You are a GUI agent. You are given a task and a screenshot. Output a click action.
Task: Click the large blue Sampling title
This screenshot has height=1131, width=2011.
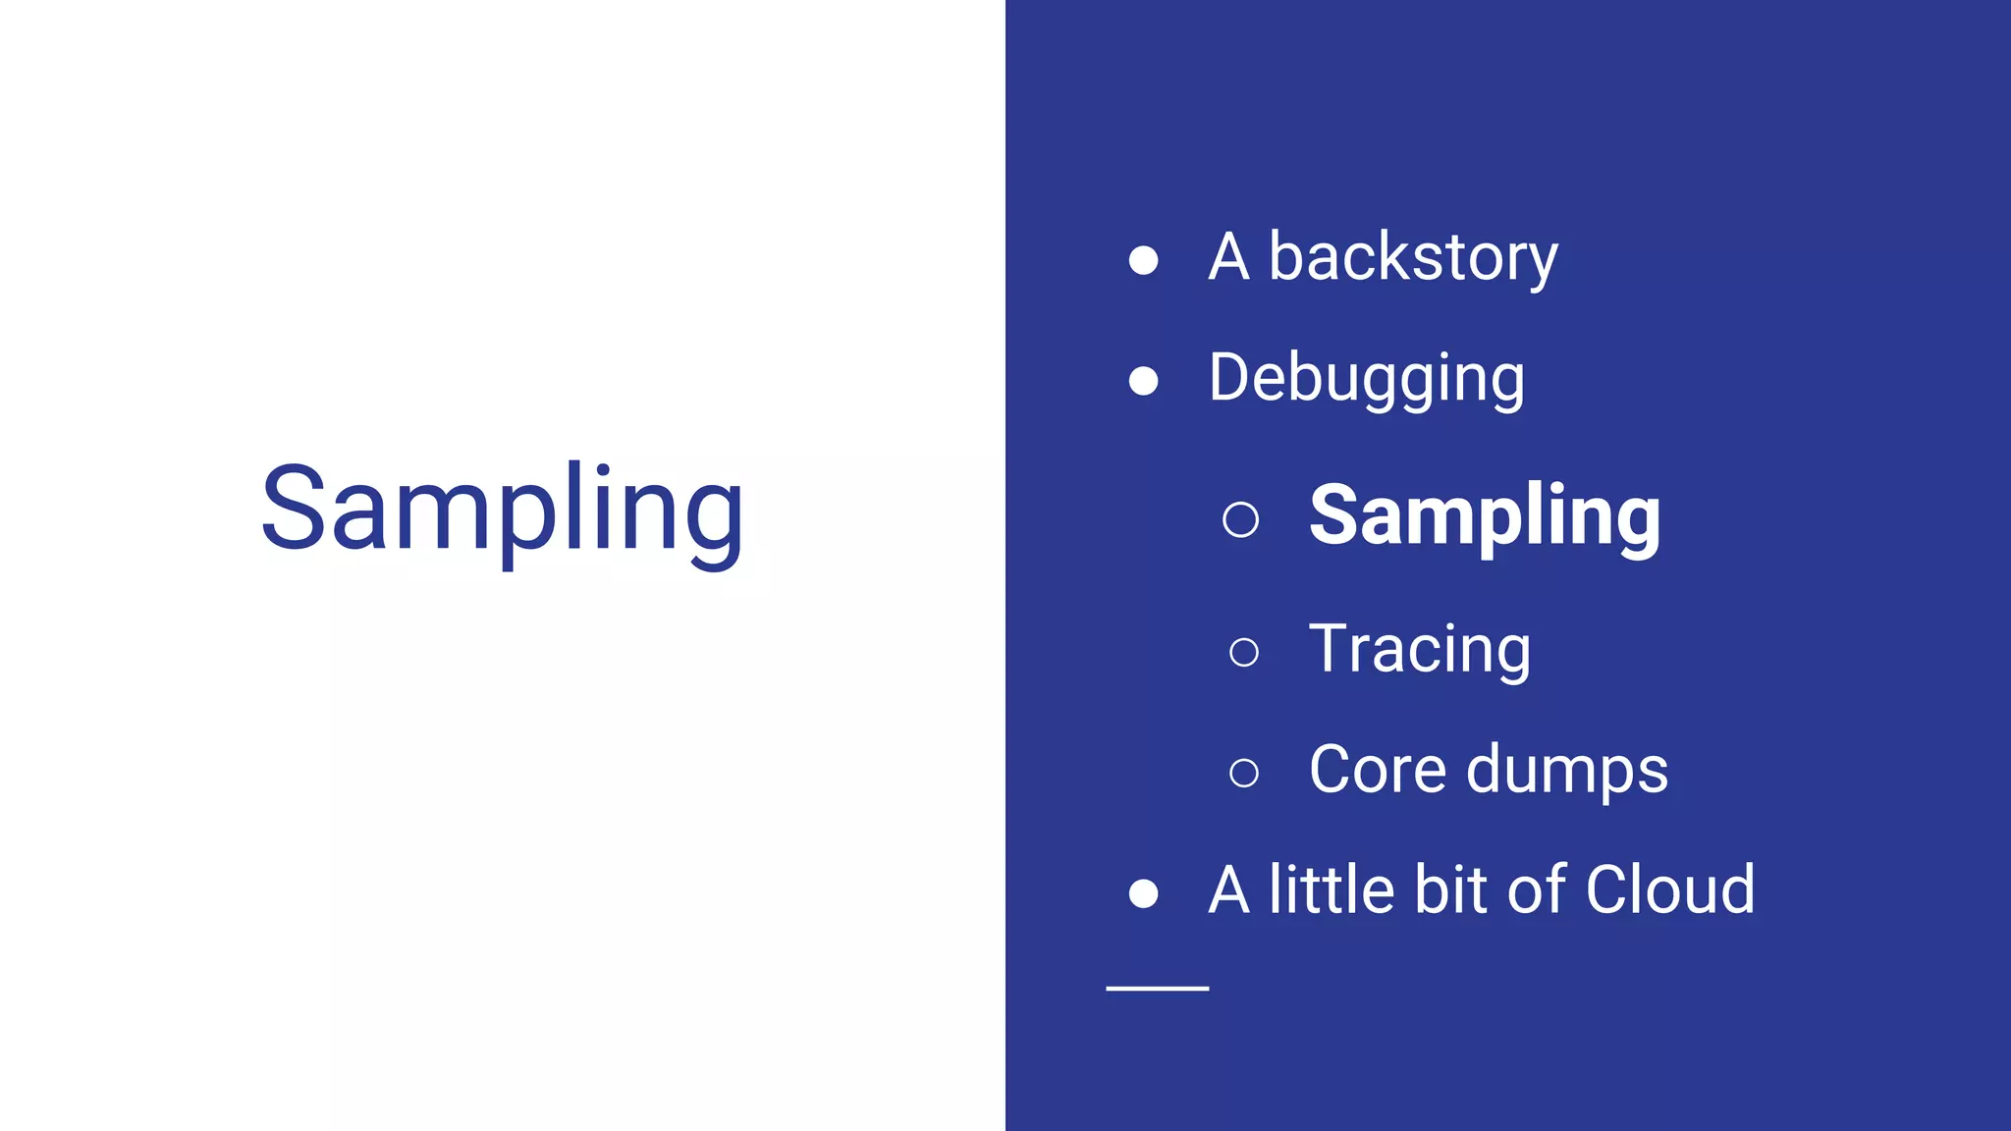(502, 511)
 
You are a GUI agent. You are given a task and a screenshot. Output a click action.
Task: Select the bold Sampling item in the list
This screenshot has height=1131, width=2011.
(1485, 516)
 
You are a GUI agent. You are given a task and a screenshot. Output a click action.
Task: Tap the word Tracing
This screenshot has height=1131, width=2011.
(1420, 650)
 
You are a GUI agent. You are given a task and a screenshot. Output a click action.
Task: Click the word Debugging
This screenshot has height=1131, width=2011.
(1367, 379)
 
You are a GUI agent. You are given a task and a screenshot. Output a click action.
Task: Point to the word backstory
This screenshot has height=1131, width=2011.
(1413, 258)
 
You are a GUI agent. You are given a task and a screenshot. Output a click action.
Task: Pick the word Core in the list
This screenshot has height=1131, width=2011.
(1378, 769)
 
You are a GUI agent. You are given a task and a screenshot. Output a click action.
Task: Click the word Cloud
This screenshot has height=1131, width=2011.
(1670, 889)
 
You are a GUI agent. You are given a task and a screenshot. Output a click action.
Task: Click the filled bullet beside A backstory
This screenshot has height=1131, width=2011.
(1143, 260)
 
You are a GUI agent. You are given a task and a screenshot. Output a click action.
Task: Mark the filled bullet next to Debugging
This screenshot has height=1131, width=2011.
(1143, 381)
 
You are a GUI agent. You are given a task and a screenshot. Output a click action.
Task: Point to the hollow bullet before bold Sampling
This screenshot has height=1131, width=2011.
(1241, 519)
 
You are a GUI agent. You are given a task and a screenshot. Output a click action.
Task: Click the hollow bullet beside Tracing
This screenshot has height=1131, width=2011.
(1244, 652)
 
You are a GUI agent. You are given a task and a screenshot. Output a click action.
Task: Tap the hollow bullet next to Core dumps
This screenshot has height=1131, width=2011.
(1244, 773)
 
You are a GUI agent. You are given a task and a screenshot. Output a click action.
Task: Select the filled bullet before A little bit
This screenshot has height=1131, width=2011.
(1143, 893)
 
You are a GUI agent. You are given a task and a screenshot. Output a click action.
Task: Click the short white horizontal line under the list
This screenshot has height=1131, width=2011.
(1157, 988)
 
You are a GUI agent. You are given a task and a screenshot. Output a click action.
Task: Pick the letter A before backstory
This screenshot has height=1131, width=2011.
(1229, 258)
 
